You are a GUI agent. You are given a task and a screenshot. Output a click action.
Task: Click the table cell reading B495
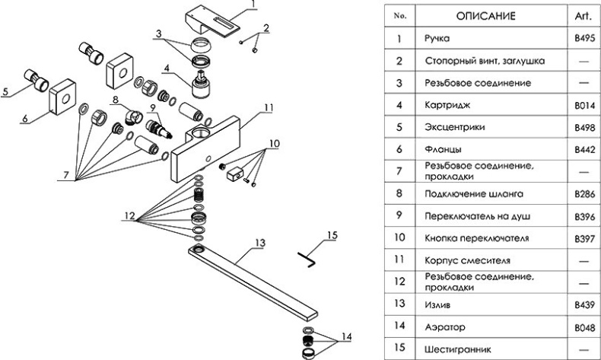click(x=583, y=37)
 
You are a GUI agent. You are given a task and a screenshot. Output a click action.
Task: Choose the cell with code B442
click(x=583, y=149)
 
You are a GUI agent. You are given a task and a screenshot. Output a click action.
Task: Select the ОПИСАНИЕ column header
click(x=486, y=15)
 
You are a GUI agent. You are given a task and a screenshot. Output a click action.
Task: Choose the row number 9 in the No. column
click(x=399, y=216)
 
